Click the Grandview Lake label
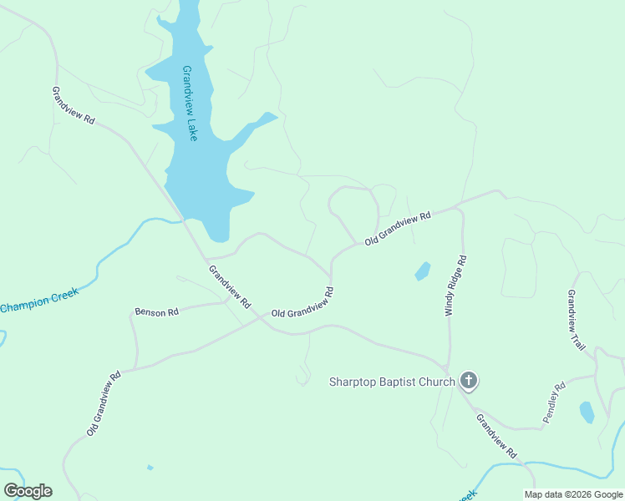coord(189,103)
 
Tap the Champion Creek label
coord(39,300)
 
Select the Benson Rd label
coord(156,312)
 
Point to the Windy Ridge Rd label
coord(455,286)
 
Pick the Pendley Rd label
coord(554,402)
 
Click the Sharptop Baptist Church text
coord(392,382)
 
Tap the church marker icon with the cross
coord(469,382)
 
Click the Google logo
coord(28,491)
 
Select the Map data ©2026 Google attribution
coord(574,494)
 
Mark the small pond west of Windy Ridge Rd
coord(423,271)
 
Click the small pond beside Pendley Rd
coord(587,412)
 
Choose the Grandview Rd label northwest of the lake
coord(73,105)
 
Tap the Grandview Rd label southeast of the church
coord(497,435)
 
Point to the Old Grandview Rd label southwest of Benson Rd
coord(104,403)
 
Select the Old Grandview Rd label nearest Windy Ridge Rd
coord(397,227)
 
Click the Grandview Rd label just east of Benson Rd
coord(229,287)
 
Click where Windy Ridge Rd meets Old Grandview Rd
coord(459,208)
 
